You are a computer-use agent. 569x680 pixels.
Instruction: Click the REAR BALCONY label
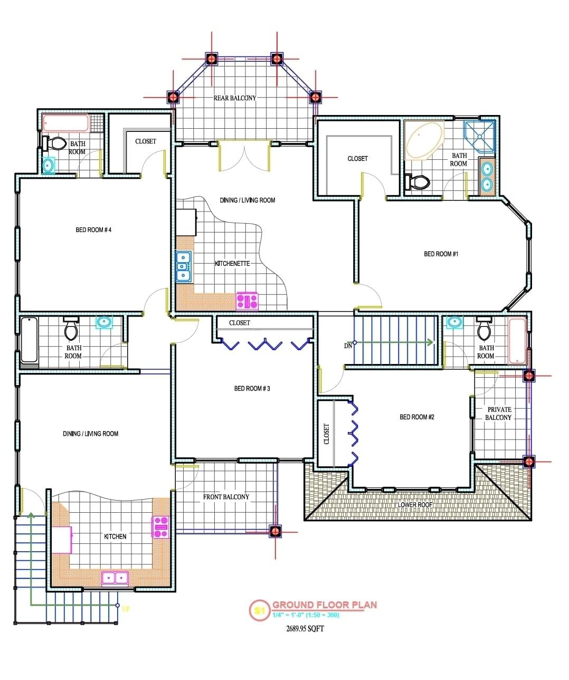(234, 98)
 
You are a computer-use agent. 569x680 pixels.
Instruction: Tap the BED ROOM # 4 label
(93, 230)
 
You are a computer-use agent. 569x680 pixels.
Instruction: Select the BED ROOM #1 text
(441, 254)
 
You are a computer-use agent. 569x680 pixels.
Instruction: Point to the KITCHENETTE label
(232, 263)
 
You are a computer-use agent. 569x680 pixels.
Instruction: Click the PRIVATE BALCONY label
(499, 414)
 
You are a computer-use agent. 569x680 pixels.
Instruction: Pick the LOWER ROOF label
(415, 505)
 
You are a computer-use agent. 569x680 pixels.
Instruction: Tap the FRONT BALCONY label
(226, 497)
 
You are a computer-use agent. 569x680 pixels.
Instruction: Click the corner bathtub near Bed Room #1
(425, 140)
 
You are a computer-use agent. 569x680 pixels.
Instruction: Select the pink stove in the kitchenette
(247, 301)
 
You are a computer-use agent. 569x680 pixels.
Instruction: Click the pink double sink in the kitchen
(115, 578)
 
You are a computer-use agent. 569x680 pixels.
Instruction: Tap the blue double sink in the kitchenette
(183, 266)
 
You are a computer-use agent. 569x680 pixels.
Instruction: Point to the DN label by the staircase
(348, 346)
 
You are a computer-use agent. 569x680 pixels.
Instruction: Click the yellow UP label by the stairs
(126, 609)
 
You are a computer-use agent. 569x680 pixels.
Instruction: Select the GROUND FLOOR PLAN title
(324, 605)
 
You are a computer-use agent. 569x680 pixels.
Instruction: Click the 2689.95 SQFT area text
(305, 628)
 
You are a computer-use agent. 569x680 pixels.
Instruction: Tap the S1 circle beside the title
(258, 610)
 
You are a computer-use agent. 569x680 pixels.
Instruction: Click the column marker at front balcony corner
(274, 531)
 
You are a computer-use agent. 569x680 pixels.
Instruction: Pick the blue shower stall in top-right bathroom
(480, 136)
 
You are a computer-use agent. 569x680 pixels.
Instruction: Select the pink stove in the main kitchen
(160, 526)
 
